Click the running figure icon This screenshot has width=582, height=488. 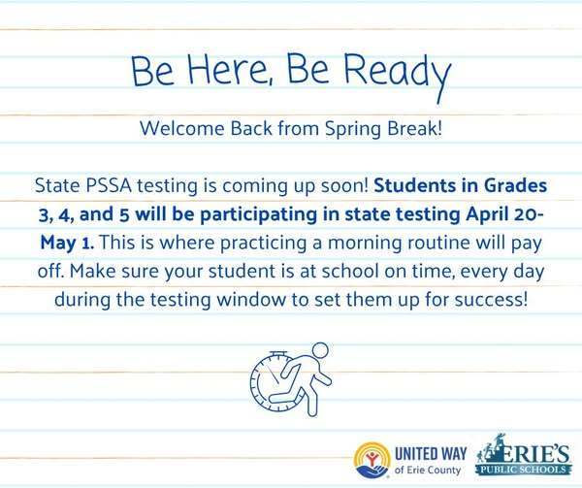pos(298,379)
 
